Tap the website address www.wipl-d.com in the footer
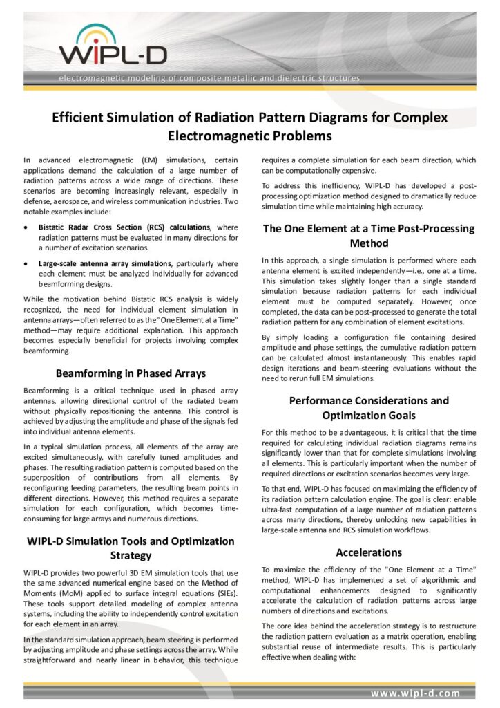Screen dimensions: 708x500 click(x=415, y=692)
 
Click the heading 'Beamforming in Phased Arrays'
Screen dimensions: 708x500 click(x=131, y=373)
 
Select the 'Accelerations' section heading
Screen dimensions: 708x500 click(x=369, y=552)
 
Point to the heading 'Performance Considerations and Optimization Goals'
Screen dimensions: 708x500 click(x=369, y=407)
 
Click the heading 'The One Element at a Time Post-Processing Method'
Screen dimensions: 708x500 click(x=369, y=236)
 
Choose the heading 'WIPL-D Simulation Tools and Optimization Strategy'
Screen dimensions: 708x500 click(x=131, y=548)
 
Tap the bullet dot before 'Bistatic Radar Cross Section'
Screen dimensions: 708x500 click(x=26, y=227)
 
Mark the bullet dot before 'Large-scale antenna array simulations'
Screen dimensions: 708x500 click(x=26, y=263)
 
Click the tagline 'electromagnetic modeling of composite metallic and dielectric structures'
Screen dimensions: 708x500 click(x=209, y=78)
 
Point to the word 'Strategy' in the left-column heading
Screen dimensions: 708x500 click(x=131, y=556)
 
